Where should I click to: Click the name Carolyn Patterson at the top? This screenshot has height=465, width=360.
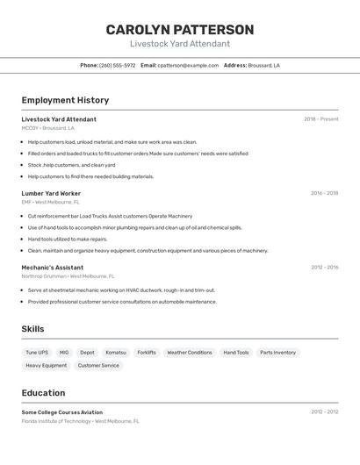coord(180,30)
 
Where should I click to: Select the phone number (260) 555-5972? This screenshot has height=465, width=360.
coord(117,65)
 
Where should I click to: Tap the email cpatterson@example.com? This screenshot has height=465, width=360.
coord(188,65)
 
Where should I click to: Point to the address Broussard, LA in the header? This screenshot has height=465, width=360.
coord(263,65)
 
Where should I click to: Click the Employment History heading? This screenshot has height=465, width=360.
coord(65,100)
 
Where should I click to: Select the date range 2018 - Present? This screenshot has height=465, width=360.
coord(320,119)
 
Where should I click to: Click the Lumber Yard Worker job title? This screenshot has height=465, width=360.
coord(51,193)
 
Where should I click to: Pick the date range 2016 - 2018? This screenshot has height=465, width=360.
coord(324,193)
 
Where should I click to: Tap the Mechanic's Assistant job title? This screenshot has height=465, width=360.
coord(53,268)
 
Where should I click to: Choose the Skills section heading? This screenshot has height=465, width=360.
coord(33,329)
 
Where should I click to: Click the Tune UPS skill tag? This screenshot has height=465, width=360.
coord(37,353)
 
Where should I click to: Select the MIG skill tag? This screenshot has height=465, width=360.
coord(64,353)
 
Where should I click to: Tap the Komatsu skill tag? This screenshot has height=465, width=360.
coord(116,353)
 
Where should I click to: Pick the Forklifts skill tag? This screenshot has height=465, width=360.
coord(147,353)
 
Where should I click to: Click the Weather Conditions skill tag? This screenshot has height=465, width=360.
coord(190,353)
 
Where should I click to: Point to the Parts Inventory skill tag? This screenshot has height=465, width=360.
coord(277,353)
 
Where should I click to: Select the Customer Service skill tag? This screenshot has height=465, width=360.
coord(98,365)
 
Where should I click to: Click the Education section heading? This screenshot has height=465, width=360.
coord(43,393)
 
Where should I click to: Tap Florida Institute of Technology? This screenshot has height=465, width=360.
coord(56,421)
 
